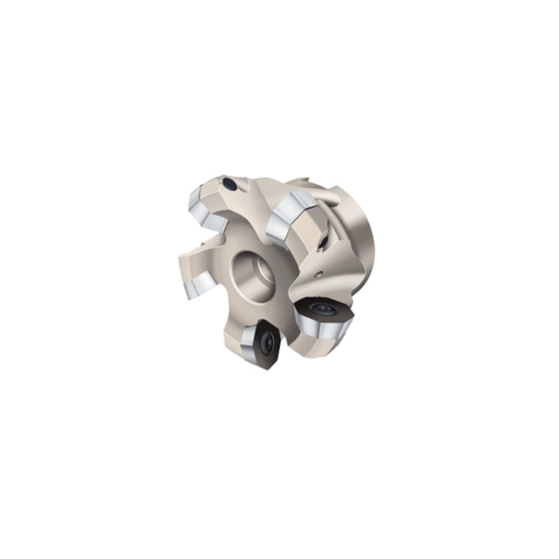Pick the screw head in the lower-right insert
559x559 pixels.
323,307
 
